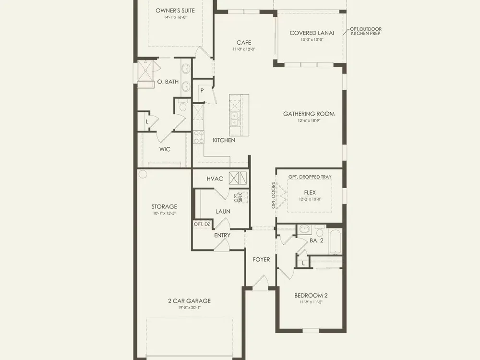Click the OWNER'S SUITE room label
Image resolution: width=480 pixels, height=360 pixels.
[x=175, y=11]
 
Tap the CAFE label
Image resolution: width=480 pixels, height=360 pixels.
[x=244, y=43]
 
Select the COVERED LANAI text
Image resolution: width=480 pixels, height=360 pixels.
[x=312, y=33]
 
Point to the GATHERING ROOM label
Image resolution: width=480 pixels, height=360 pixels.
[x=309, y=114]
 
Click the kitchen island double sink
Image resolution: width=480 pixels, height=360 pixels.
[x=235, y=120]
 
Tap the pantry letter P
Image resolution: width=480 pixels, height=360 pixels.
[x=202, y=91]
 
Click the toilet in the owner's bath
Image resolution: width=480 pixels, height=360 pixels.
[x=183, y=106]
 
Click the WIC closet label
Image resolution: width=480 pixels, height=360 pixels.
[x=165, y=149]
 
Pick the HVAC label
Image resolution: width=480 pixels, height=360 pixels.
[x=215, y=179]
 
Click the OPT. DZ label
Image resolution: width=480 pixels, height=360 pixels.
[x=202, y=224]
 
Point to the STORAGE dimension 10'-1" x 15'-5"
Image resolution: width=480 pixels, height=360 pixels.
[x=164, y=214]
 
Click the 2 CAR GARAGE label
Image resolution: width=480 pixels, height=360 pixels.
[x=189, y=301]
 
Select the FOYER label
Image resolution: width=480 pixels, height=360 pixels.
[x=261, y=260]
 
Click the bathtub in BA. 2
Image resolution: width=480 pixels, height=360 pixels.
[x=335, y=241]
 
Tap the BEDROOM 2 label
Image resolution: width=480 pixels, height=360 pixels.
[x=311, y=295]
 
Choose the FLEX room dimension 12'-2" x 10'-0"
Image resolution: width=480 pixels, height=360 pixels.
[x=310, y=199]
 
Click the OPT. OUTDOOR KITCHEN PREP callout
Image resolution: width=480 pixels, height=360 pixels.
[x=366, y=31]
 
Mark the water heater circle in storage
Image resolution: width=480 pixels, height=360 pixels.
[x=143, y=175]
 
